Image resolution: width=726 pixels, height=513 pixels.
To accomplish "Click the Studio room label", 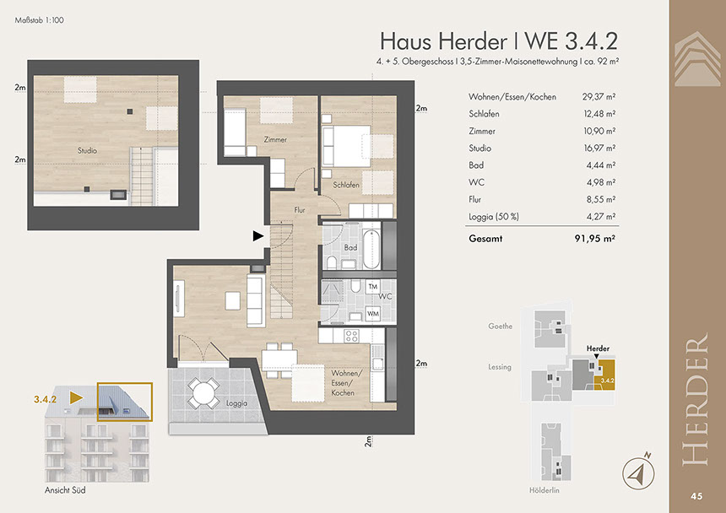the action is click(x=87, y=150).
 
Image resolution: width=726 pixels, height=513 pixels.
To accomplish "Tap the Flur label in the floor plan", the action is click(x=300, y=210).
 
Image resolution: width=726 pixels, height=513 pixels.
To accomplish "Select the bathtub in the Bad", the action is click(x=371, y=247).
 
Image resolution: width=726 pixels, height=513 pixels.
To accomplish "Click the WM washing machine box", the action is click(x=373, y=314).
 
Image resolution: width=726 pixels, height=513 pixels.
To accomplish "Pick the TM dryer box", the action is click(x=373, y=287).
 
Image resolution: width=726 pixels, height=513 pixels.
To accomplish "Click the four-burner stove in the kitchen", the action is click(x=351, y=335).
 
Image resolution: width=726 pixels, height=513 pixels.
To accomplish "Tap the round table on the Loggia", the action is click(x=203, y=393).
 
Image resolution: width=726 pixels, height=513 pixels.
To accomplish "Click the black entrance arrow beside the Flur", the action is click(x=257, y=236).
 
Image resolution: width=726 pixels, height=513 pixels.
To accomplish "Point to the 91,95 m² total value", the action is click(x=594, y=239).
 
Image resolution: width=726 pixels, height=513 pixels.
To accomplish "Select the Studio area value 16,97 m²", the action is click(x=599, y=148).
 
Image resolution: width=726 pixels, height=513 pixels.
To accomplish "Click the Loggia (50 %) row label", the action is click(x=494, y=217).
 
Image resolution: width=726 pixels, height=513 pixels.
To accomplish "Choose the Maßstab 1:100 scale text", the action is click(x=40, y=20).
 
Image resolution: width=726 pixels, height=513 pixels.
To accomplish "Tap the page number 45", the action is click(x=696, y=496).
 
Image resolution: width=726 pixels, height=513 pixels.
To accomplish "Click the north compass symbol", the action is click(x=638, y=472).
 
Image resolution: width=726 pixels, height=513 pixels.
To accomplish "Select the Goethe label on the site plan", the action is click(x=500, y=327).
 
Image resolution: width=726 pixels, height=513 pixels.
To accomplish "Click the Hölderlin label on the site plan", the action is click(x=544, y=490).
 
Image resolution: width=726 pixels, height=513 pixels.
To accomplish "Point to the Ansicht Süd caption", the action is click(x=65, y=490).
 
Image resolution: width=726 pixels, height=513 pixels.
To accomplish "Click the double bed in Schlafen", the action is click(x=346, y=146).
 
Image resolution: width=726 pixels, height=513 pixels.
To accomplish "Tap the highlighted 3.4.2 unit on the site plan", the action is click(x=605, y=375).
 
